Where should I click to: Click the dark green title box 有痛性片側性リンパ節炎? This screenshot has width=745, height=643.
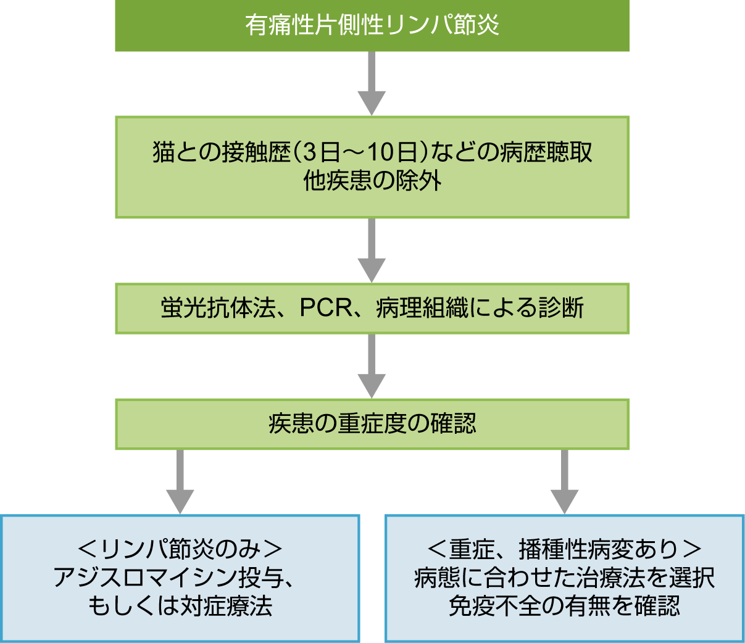(x=372, y=25)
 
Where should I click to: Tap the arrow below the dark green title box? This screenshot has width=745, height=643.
(x=372, y=83)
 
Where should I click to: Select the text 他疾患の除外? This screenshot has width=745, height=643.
(x=372, y=181)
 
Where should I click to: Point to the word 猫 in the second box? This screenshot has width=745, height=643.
(x=164, y=152)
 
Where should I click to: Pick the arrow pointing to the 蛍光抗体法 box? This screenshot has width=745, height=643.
(x=372, y=250)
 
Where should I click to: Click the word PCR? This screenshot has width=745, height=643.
(x=325, y=308)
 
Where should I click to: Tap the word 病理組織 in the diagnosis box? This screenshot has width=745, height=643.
(x=422, y=308)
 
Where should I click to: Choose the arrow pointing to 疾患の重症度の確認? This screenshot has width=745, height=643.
(x=372, y=366)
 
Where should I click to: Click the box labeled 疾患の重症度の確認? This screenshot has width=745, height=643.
(x=372, y=424)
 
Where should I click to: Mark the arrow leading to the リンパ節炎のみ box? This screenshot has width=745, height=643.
(x=180, y=481)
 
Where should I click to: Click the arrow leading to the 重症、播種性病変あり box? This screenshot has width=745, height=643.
(x=564, y=481)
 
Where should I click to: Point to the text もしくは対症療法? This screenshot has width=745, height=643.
(x=180, y=606)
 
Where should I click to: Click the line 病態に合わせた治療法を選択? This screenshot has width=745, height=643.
(x=564, y=578)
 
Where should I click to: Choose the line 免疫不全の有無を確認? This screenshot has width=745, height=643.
(x=564, y=606)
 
